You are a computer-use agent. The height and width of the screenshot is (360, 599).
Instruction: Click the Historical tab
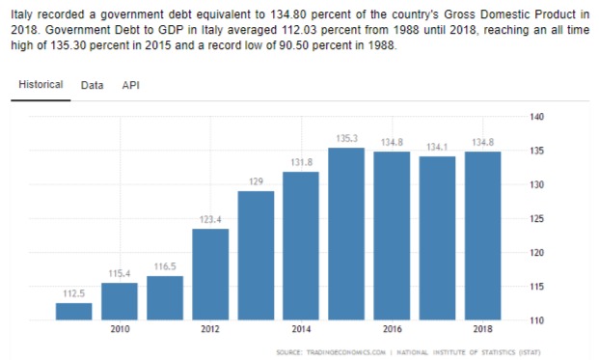[x=41, y=85]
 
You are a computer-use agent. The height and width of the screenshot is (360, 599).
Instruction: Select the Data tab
[x=92, y=85]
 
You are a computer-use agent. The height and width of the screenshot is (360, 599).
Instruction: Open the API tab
[x=130, y=85]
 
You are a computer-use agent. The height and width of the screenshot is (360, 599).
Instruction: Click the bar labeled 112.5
[x=73, y=312]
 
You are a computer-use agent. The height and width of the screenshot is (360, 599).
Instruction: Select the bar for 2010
[x=120, y=301]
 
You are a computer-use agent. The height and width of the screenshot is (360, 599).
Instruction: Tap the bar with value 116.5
[x=165, y=298]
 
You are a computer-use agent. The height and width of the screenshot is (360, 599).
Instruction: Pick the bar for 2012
[x=210, y=274]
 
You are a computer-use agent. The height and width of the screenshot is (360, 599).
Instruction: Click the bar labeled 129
[x=256, y=256]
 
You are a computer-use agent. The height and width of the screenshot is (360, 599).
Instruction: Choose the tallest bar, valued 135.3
[x=346, y=234]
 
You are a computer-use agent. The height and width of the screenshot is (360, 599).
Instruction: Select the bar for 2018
[x=483, y=235]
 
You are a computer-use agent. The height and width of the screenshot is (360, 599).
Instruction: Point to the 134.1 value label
[x=437, y=147]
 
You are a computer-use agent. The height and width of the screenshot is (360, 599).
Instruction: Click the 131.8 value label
[x=301, y=162]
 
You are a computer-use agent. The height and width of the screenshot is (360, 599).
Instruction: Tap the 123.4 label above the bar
[x=210, y=219]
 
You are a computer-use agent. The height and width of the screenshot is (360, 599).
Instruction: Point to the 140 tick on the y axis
[x=536, y=117]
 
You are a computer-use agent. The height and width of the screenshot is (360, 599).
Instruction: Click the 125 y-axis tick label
[x=536, y=219]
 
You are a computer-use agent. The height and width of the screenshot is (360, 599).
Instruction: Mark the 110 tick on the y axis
[x=536, y=321]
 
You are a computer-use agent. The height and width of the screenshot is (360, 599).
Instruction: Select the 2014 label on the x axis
[x=301, y=329]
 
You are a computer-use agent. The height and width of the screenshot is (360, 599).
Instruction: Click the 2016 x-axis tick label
[x=393, y=329]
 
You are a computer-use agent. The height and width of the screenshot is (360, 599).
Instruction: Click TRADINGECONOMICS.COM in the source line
[x=346, y=352]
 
